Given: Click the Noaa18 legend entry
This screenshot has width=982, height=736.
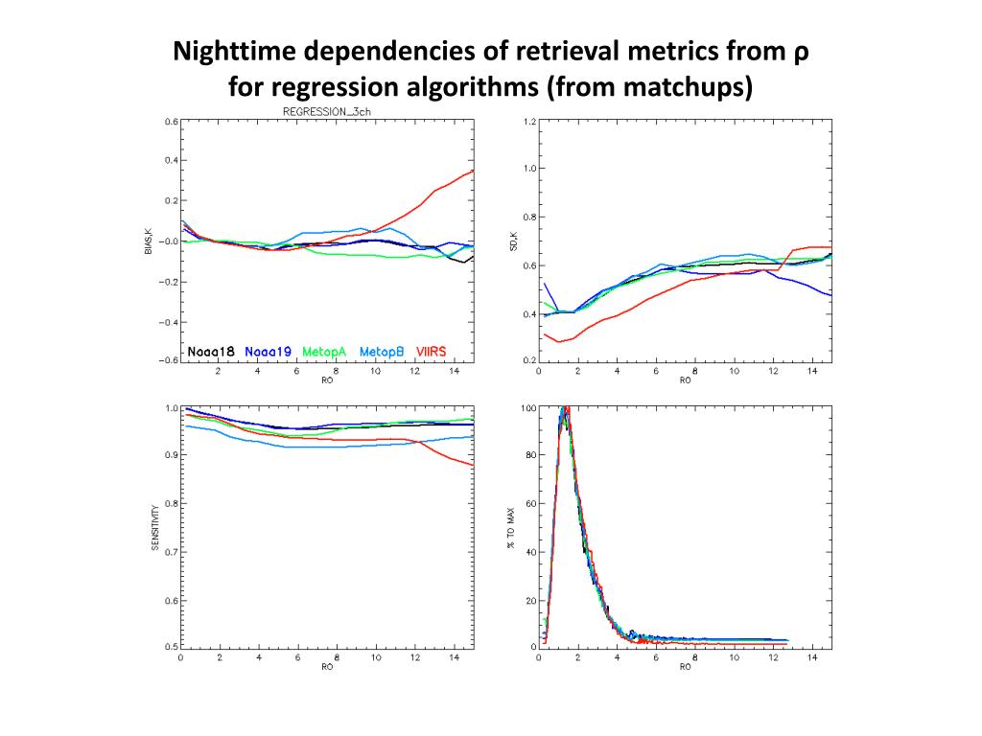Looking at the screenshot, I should click(x=210, y=352).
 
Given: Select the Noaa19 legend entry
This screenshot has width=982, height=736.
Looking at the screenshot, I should click(x=269, y=352).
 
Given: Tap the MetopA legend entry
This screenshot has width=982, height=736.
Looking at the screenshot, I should click(x=324, y=352).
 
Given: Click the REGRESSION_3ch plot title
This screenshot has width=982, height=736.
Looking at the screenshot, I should click(x=326, y=111).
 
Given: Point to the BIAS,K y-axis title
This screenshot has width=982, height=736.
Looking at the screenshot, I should click(x=149, y=241).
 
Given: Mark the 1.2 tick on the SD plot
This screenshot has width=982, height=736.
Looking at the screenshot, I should click(x=528, y=123).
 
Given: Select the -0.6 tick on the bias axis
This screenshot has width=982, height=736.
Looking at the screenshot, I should click(x=169, y=361).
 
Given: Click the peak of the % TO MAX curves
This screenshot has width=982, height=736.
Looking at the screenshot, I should click(x=566, y=409).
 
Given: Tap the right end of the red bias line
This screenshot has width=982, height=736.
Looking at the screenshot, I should click(x=474, y=172).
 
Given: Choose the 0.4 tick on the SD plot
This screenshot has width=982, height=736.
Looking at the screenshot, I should click(x=528, y=314).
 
